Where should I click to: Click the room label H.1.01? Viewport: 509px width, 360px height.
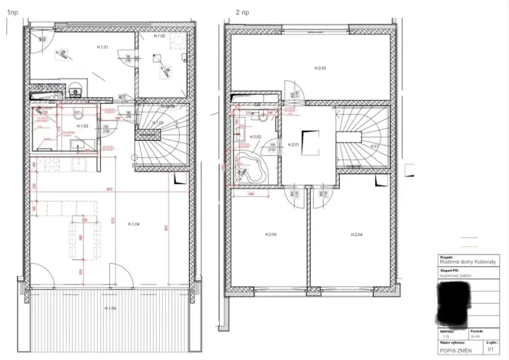pyautogui.click(x=101, y=48)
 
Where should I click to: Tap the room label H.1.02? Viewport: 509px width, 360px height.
pyautogui.click(x=160, y=36)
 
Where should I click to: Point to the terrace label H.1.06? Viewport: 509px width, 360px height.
pyautogui.click(x=110, y=308)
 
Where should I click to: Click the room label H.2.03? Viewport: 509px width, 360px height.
pyautogui.click(x=321, y=69)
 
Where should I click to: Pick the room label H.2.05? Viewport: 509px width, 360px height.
pyautogui.click(x=270, y=234)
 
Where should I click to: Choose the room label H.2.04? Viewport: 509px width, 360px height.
pyautogui.click(x=355, y=234)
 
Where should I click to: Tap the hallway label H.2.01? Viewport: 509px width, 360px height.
pyautogui.click(x=293, y=145)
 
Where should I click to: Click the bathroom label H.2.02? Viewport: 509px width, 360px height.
pyautogui.click(x=257, y=137)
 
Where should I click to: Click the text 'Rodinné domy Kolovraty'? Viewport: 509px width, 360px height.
pyautogui.click(x=461, y=262)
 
